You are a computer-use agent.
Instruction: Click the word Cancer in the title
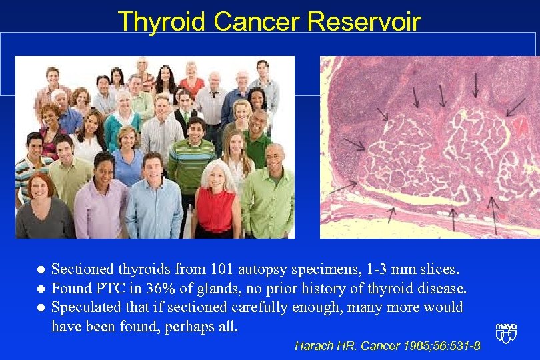257,22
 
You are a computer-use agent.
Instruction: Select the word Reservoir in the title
364,22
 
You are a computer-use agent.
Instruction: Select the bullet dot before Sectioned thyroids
39,270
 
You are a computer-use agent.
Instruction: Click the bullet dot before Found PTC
39,289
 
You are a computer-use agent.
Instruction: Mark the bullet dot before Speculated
39,308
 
